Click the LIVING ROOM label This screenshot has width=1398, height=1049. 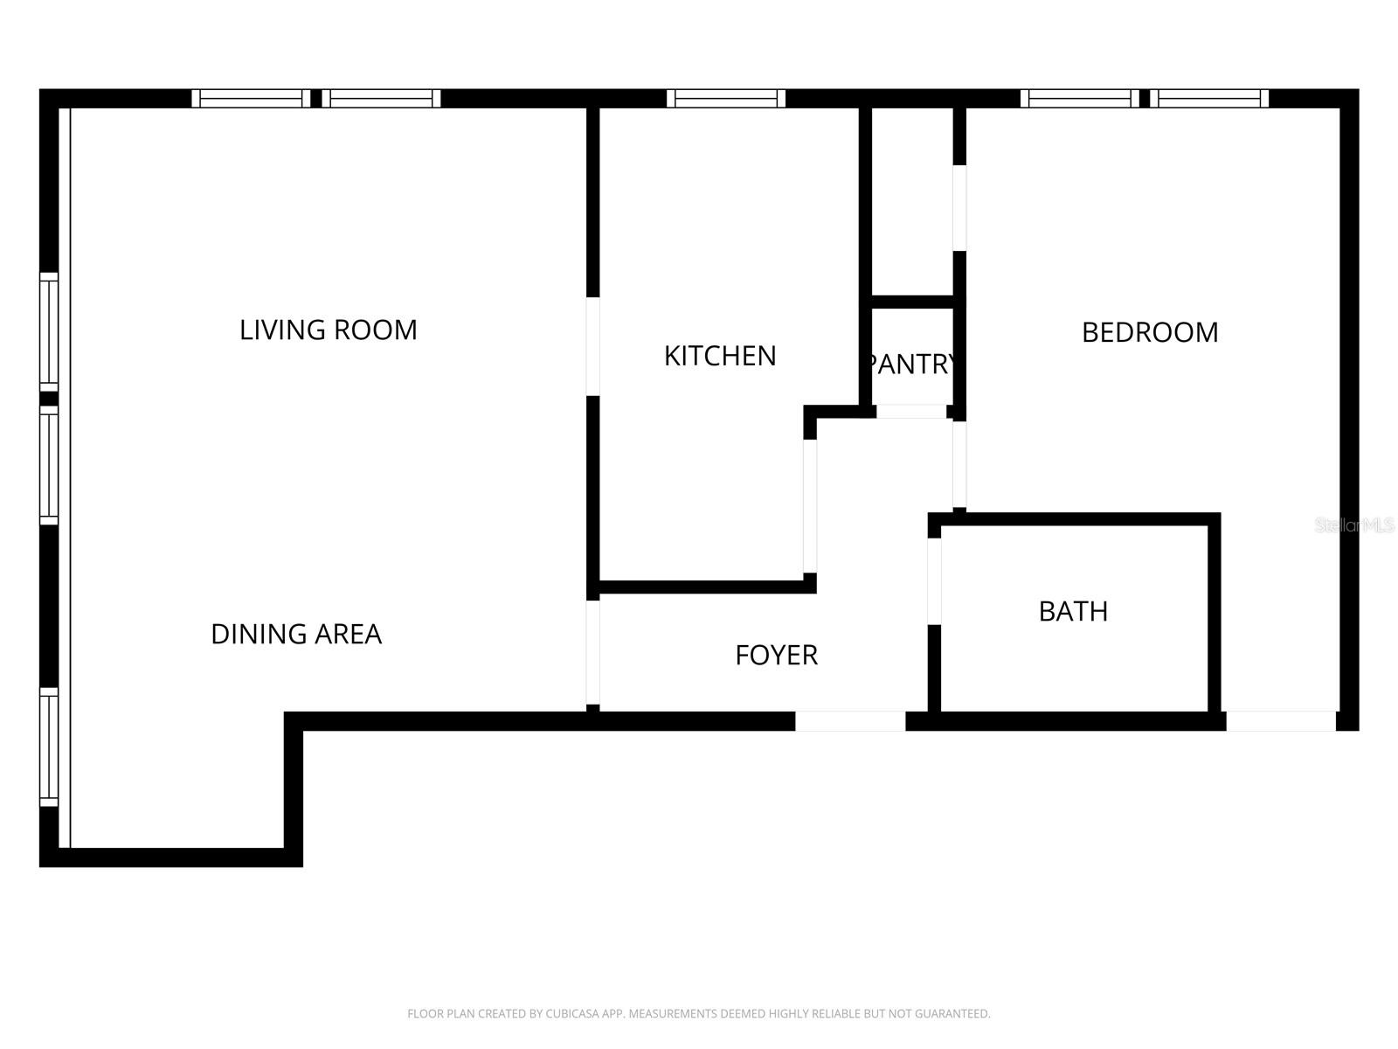tap(328, 330)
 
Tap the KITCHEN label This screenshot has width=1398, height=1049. tap(720, 356)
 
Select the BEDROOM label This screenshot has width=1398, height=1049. tap(1150, 332)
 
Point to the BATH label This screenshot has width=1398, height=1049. tap(1073, 611)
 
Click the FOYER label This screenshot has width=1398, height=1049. tap(777, 655)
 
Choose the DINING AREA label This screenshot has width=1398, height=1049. tap(296, 634)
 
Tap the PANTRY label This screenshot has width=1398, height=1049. tap(910, 365)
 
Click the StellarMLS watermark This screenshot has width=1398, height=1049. tap(1354, 525)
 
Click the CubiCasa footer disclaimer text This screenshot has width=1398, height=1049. tap(699, 1013)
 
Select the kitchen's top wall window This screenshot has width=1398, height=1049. tap(726, 99)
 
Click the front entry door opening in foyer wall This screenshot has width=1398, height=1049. tap(850, 721)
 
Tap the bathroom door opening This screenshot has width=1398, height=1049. tap(934, 581)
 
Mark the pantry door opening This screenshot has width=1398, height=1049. tap(911, 412)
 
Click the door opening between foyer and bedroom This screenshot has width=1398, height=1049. tap(959, 464)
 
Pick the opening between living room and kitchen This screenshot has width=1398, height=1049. tap(593, 346)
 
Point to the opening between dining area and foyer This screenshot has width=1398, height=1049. tap(593, 652)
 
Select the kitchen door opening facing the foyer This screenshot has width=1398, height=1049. tap(809, 506)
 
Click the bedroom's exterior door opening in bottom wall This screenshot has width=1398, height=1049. tap(1281, 721)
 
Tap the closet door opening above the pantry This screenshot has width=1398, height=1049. tap(959, 208)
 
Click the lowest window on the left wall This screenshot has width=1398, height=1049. tap(49, 747)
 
